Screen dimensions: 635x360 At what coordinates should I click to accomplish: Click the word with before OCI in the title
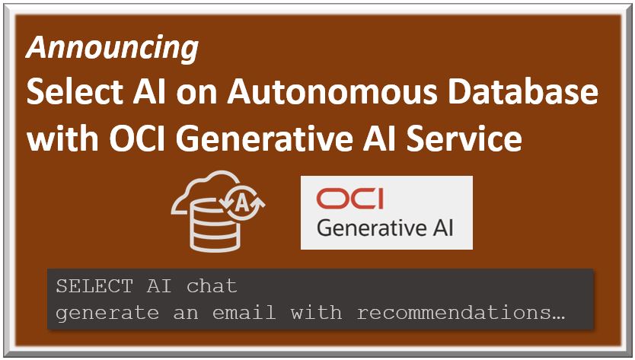click(x=62, y=139)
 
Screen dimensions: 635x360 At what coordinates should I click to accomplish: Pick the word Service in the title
click(x=464, y=139)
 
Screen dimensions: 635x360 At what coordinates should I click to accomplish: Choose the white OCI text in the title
click(x=137, y=139)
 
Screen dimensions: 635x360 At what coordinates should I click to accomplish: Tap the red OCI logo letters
click(x=350, y=199)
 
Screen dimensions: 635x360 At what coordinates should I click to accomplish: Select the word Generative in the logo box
click(x=372, y=228)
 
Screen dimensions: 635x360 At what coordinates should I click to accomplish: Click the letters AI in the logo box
click(x=444, y=228)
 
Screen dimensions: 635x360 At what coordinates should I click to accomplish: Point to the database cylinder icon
click(x=215, y=225)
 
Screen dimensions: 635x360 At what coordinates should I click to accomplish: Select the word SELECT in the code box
click(x=94, y=286)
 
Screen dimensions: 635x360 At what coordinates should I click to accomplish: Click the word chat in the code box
click(x=212, y=286)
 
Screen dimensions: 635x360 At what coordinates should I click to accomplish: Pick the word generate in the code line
click(x=107, y=313)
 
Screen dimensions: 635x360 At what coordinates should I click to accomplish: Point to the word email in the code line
click(x=244, y=312)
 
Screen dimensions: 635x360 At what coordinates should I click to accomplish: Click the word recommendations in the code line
click(x=454, y=312)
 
